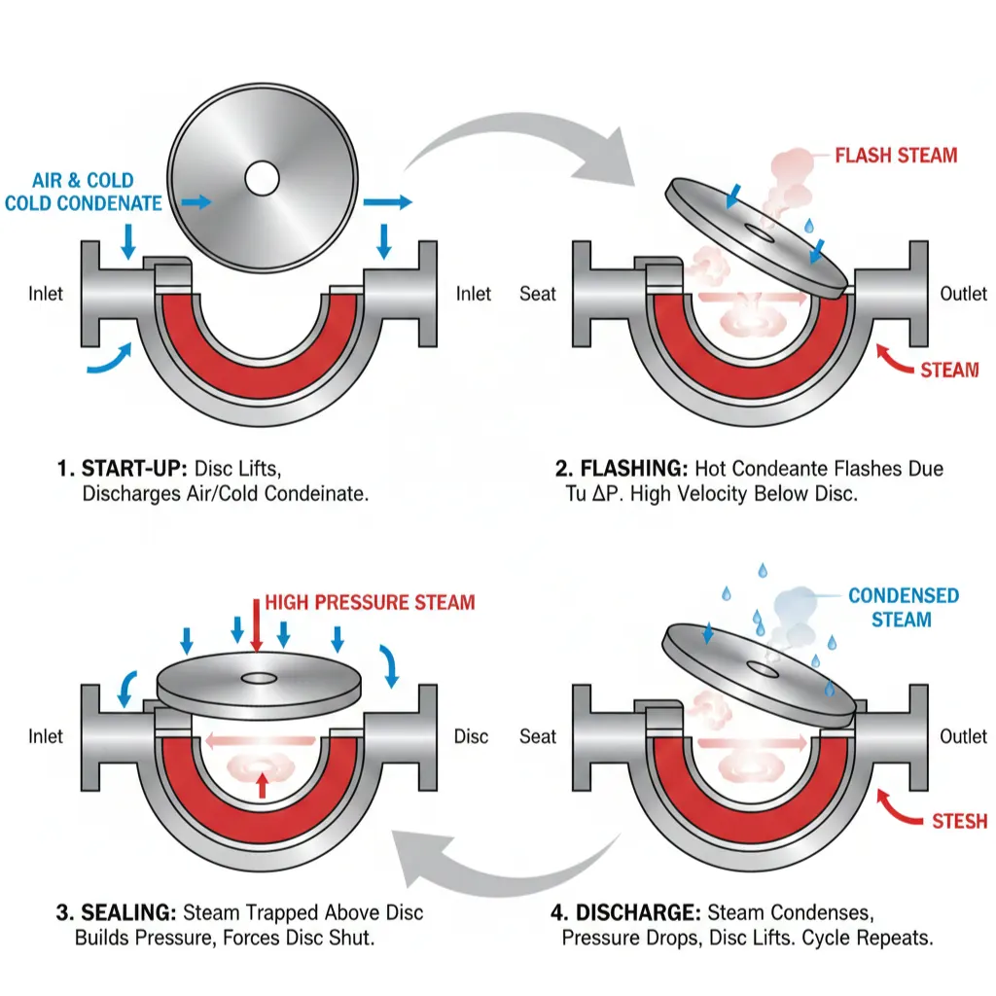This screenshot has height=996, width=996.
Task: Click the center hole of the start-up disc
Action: (262, 177)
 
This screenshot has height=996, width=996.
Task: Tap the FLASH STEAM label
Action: (896, 156)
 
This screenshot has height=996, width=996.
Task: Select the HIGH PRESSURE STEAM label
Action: (370, 603)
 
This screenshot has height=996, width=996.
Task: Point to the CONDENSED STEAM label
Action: (903, 608)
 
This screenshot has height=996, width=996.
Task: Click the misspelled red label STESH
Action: (959, 822)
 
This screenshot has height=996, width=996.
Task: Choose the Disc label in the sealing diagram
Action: (471, 736)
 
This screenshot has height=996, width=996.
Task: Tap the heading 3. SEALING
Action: (115, 913)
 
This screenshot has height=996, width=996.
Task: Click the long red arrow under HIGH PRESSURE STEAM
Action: (256, 623)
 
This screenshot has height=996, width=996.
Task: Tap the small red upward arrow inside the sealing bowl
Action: (261, 783)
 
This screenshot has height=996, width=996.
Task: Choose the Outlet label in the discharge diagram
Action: (963, 736)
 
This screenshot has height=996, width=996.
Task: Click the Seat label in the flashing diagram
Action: (538, 294)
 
